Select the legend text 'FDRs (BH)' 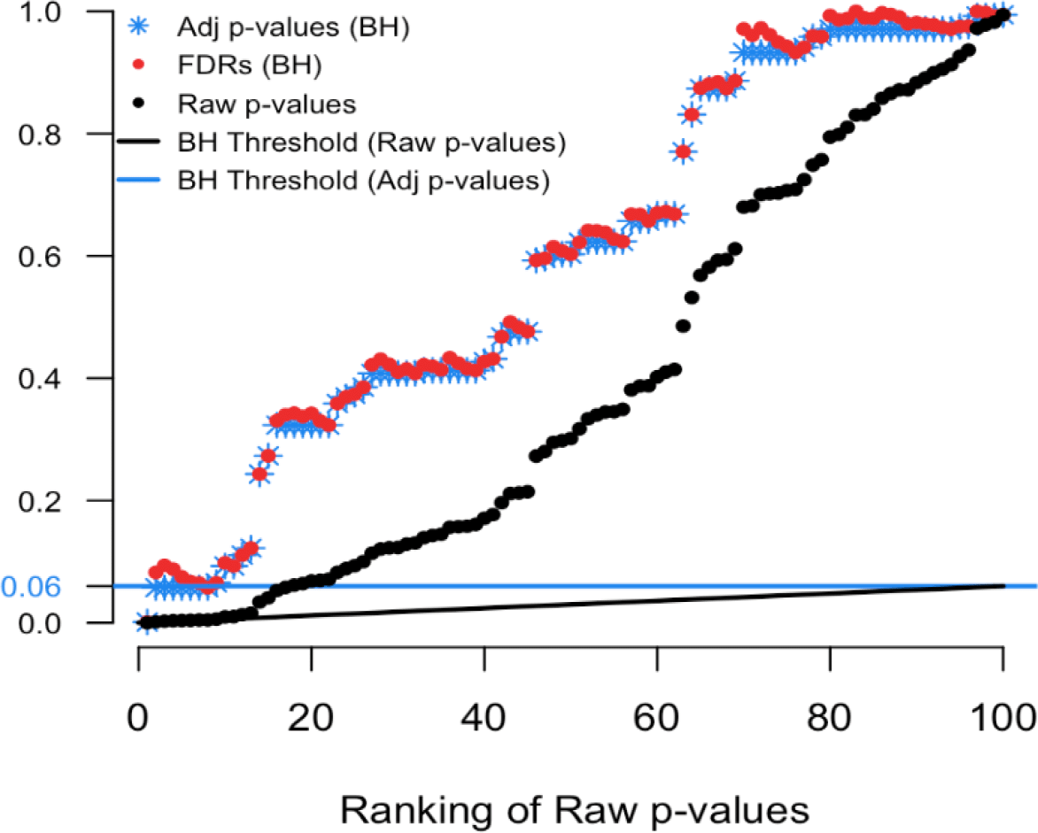(249, 65)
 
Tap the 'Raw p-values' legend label (267, 104)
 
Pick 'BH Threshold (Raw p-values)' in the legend (372, 142)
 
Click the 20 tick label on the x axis (312, 712)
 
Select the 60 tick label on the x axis (657, 712)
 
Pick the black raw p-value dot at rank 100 (1003, 14)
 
